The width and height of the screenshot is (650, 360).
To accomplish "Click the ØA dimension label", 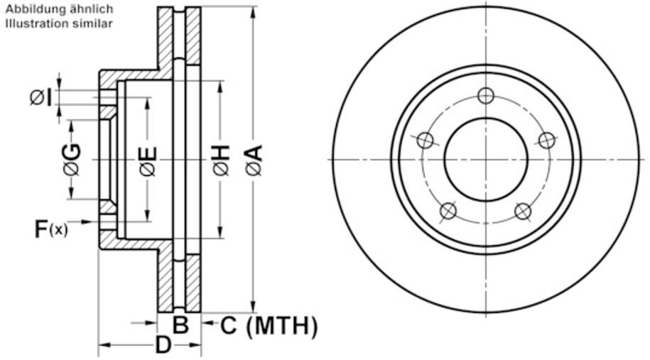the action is click(254, 160).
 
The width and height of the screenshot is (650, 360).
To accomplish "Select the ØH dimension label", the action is click(222, 160).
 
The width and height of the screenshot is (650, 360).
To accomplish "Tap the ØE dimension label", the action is click(148, 161).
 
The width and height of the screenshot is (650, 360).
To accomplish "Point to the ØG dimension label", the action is click(72, 160).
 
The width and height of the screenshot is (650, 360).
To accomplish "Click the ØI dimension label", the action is click(41, 98).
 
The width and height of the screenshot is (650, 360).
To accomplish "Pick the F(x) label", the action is click(51, 229).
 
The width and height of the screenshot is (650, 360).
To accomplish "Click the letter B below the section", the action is click(180, 324).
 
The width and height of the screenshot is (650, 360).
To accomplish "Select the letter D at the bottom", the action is click(163, 345).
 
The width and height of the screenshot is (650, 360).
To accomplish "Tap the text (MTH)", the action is click(282, 326).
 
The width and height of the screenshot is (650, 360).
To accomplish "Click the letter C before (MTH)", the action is click(229, 325).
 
